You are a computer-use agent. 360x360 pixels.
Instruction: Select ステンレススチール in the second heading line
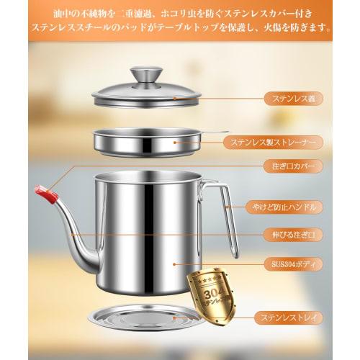click(x=68, y=31)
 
